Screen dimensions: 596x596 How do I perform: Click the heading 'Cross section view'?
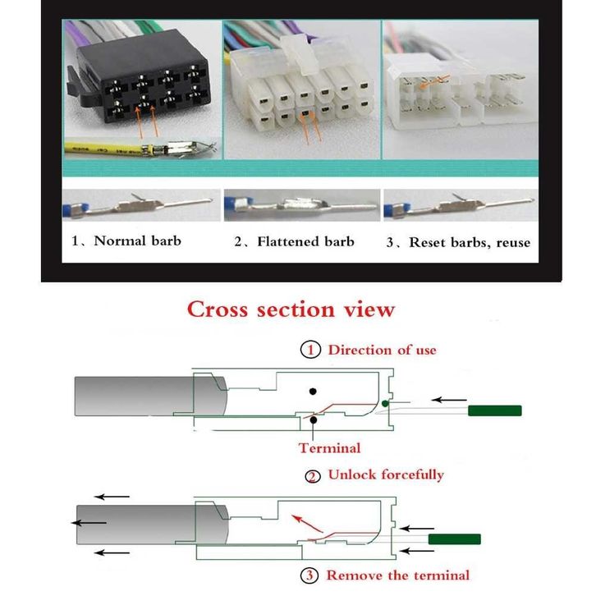[x=291, y=309]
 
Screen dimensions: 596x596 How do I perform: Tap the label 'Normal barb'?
[x=137, y=241]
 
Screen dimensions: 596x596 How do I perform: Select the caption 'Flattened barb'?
[x=305, y=241]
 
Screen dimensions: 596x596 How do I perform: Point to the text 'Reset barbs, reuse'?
[x=470, y=242]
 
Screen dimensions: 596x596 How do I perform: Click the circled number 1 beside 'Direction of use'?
[x=310, y=350]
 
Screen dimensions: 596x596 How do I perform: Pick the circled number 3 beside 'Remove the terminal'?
[x=309, y=575]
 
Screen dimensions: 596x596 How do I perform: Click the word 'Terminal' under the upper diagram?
[x=329, y=448]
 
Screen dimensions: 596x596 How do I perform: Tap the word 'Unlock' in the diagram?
[x=352, y=475]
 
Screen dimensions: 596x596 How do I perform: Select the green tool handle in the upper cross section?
[x=494, y=410]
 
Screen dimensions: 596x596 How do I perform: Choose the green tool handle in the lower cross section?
[x=455, y=539]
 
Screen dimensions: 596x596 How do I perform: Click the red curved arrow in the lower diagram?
[x=306, y=523]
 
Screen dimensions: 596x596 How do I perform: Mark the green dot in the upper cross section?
[x=385, y=403]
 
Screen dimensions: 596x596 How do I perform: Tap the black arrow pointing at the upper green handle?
[x=449, y=400]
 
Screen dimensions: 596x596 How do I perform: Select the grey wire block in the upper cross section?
[x=150, y=396]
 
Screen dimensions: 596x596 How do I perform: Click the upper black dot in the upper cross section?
[x=313, y=391]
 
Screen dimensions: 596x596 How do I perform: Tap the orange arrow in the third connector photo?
[x=434, y=82]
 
